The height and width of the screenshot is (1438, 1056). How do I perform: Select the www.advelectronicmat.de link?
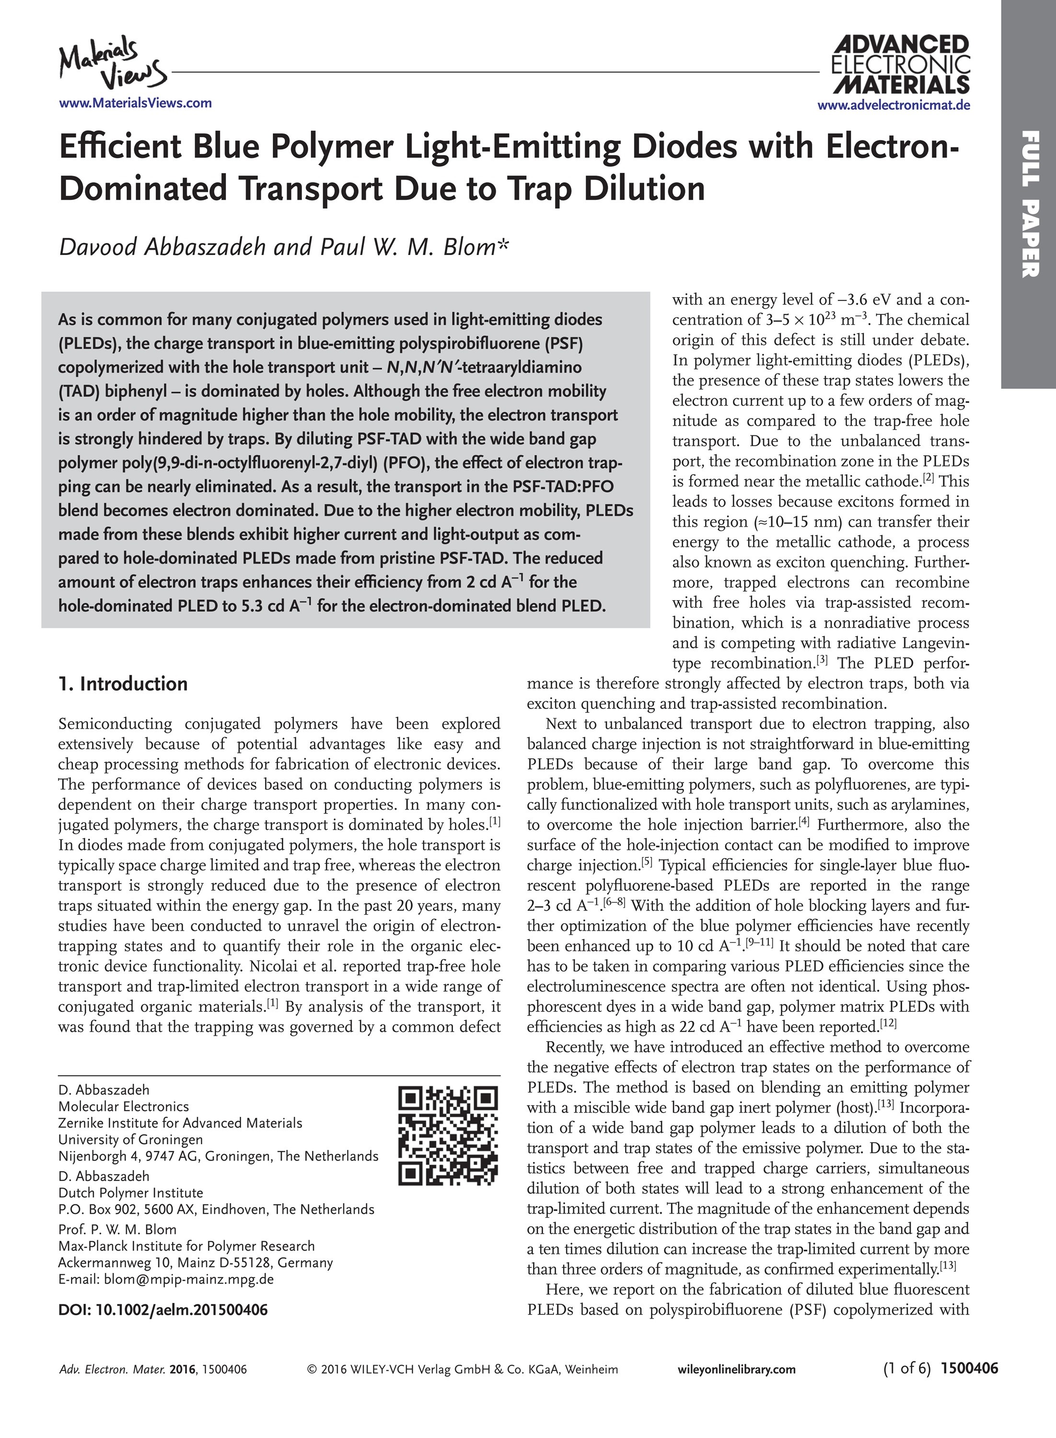click(x=893, y=105)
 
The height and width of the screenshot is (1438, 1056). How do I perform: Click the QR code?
click(x=447, y=1135)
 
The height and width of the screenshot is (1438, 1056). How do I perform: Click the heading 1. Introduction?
click(x=123, y=684)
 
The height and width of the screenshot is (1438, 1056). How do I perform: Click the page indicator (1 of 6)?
click(x=906, y=1368)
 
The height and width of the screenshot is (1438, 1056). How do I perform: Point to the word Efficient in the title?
click(x=121, y=147)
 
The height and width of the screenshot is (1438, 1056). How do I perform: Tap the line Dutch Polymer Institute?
click(x=130, y=1193)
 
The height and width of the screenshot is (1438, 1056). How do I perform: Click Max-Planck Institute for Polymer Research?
click(x=186, y=1246)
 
